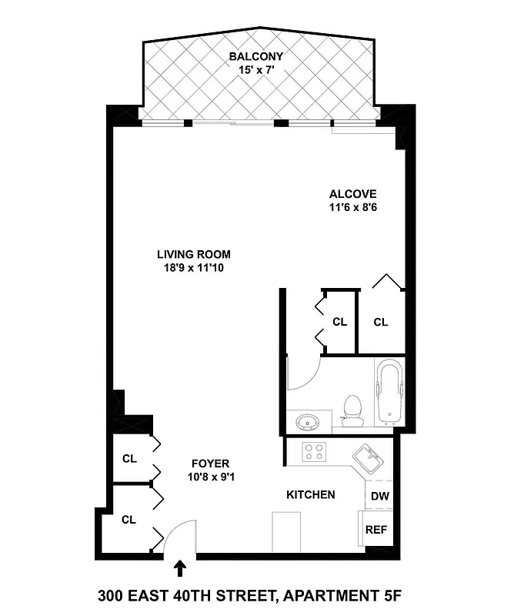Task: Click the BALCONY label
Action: pyautogui.click(x=256, y=56)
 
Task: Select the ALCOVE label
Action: pyautogui.click(x=353, y=194)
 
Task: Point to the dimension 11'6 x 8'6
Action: pyautogui.click(x=353, y=207)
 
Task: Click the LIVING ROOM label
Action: pyautogui.click(x=193, y=255)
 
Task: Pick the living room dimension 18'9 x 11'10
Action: pyautogui.click(x=193, y=268)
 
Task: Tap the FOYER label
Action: pyautogui.click(x=210, y=464)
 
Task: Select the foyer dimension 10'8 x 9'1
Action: pyautogui.click(x=210, y=477)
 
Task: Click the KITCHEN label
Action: pyautogui.click(x=310, y=494)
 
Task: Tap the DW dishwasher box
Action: pyautogui.click(x=379, y=497)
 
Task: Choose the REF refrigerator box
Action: pyautogui.click(x=376, y=530)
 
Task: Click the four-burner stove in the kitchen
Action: pyautogui.click(x=315, y=451)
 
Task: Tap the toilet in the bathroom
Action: pyautogui.click(x=352, y=410)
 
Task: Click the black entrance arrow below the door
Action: pyautogui.click(x=181, y=568)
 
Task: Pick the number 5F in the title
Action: pyautogui.click(x=390, y=595)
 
